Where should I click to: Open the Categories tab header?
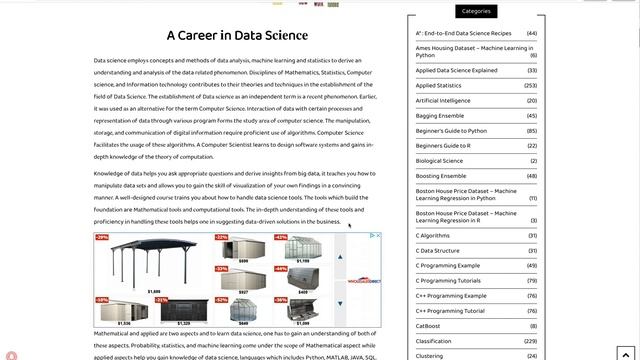(476, 11)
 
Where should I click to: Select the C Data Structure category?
(438, 250)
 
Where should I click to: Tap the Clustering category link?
(430, 355)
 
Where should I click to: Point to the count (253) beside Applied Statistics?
(530, 86)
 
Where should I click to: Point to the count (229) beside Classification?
(530, 340)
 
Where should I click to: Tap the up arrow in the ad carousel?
(340, 256)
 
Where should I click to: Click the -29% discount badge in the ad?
(102, 238)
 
